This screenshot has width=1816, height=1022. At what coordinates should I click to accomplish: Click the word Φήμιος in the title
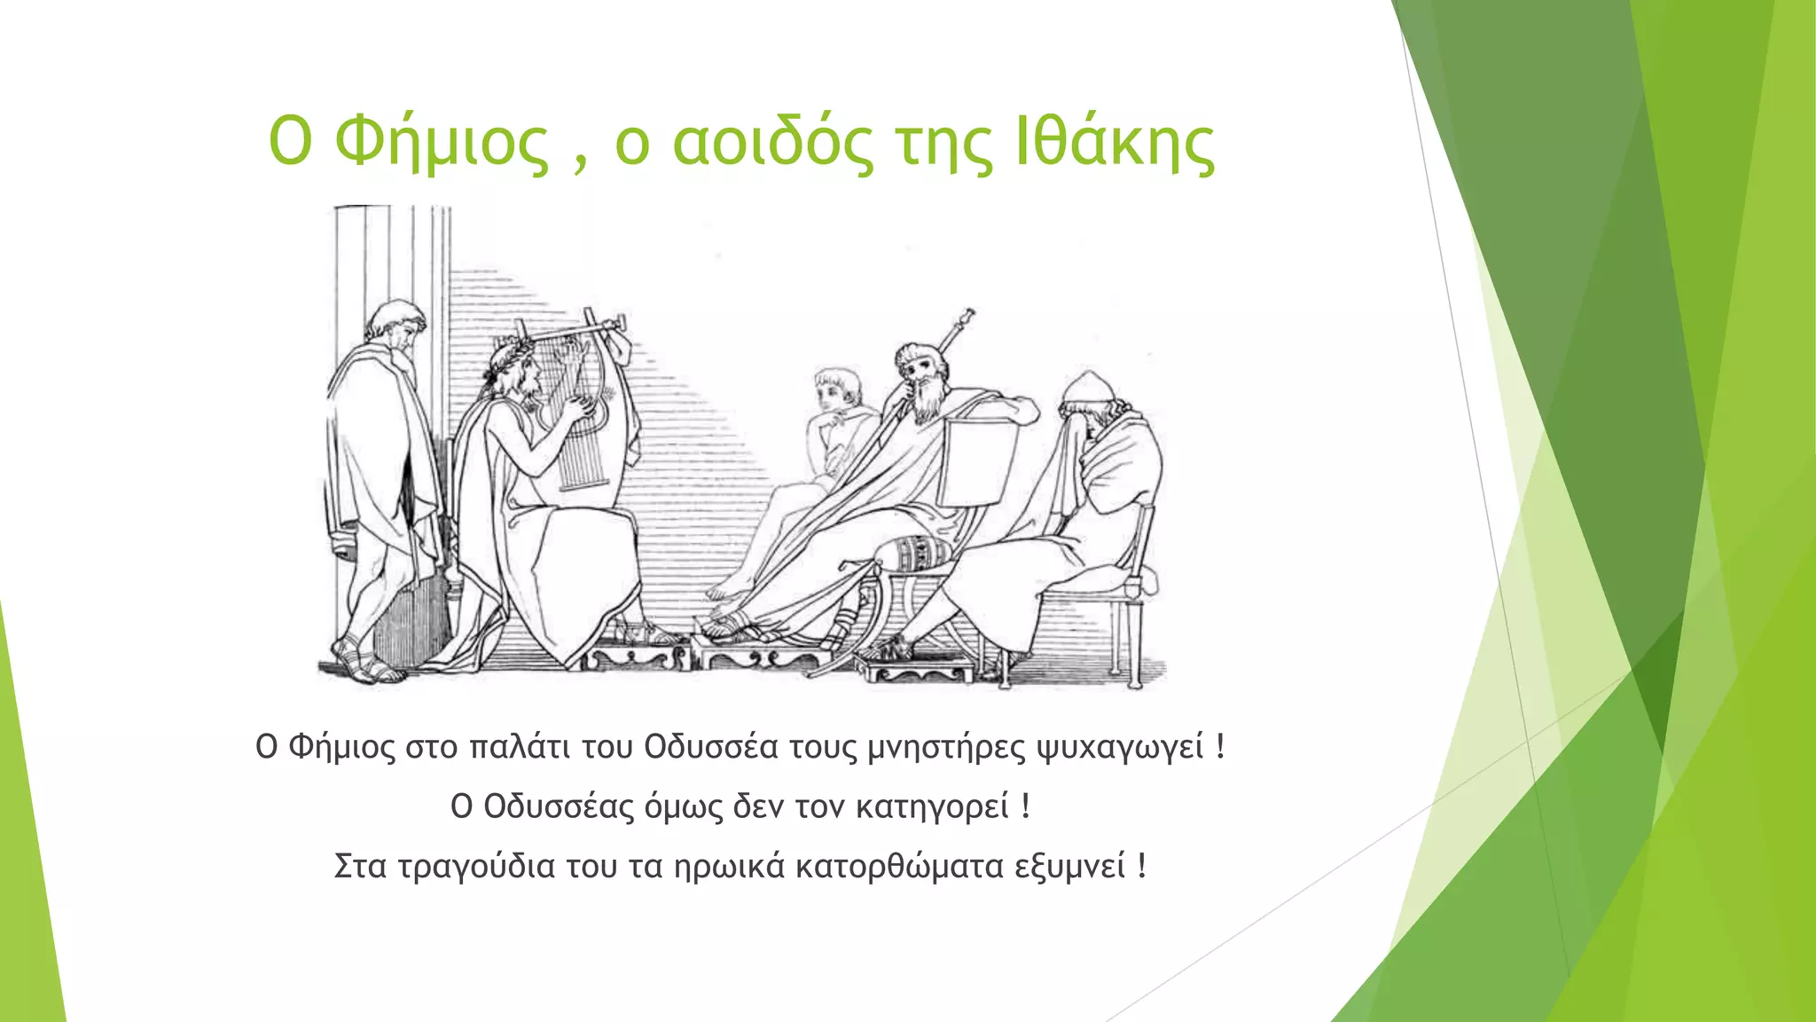[x=442, y=143]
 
